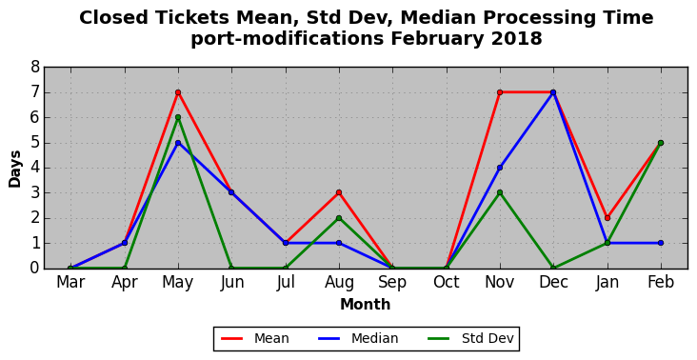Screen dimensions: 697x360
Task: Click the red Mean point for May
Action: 178,92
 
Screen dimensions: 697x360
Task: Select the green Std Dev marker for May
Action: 178,117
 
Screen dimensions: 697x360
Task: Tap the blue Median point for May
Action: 178,143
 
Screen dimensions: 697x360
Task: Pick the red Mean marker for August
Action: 339,192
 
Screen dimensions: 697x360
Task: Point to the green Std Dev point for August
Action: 339,218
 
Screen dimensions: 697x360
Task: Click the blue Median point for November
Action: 500,168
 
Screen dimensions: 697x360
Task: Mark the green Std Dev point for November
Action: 500,192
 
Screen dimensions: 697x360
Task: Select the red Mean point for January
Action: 607,218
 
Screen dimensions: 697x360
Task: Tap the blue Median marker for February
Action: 661,243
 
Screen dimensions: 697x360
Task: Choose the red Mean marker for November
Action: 500,92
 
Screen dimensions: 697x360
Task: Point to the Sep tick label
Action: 392,283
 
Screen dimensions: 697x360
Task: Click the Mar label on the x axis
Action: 70,282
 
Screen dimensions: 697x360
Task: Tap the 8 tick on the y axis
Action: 35,68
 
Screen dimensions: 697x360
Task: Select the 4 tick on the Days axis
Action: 35,168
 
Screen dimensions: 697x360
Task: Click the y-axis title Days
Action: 14,169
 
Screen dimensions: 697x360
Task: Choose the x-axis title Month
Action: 366,305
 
